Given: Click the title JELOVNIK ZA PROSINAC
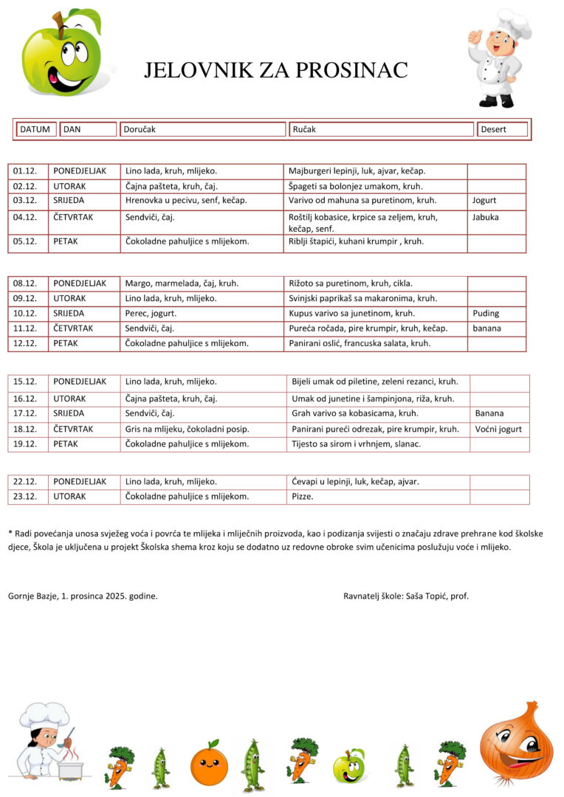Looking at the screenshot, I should pyautogui.click(x=275, y=70).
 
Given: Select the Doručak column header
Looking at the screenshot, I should pyautogui.click(x=203, y=129).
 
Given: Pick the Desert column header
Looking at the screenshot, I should pyautogui.click(x=502, y=129).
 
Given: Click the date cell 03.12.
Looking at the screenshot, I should pyautogui.click(x=25, y=200).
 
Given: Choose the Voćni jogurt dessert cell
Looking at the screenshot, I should pyautogui.click(x=498, y=429).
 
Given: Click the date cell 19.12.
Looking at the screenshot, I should pyautogui.click(x=25, y=444).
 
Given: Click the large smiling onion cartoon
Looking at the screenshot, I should pyautogui.click(x=516, y=742).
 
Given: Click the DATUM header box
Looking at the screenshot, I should pyautogui.click(x=35, y=129).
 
